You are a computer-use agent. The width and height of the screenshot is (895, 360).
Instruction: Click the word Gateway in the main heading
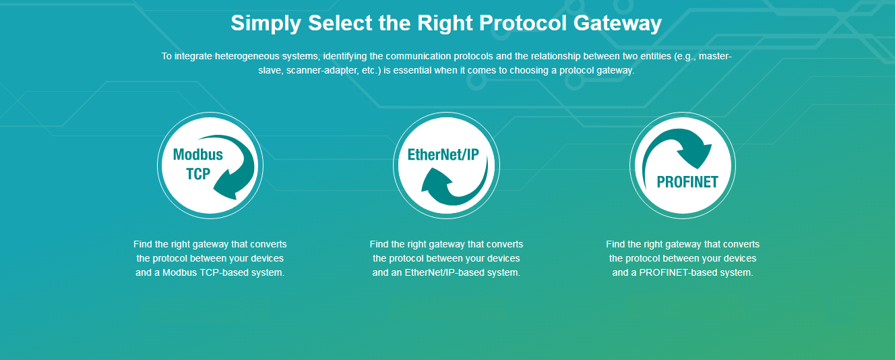tap(617, 24)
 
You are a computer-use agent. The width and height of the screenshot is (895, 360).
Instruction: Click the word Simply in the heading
tap(266, 24)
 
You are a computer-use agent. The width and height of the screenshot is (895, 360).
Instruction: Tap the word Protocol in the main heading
tap(522, 23)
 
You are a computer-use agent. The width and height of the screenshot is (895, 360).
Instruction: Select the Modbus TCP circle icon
tap(210, 165)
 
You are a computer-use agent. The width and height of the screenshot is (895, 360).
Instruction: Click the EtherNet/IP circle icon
tap(446, 165)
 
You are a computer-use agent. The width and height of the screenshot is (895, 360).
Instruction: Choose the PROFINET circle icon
tap(683, 165)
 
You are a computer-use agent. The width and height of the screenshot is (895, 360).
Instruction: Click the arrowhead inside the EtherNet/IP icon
tap(435, 179)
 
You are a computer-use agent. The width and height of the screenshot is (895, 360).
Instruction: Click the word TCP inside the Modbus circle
tap(198, 174)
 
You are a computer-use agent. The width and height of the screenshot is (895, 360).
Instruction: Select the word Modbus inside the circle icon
tap(197, 154)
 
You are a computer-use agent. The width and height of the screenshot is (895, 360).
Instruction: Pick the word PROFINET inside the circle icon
tap(687, 182)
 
